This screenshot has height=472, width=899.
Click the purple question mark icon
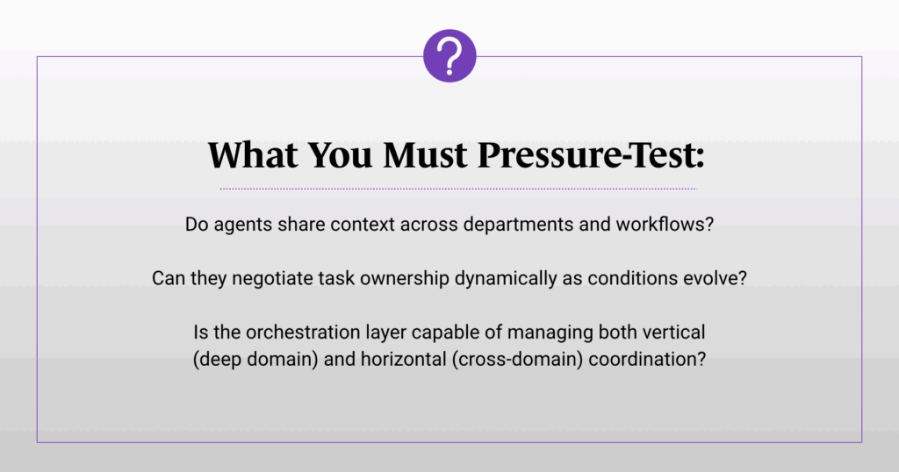[449, 55]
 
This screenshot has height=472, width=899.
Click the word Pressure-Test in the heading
[591, 154]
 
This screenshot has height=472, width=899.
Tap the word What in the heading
[253, 154]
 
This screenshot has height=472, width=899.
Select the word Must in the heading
[425, 154]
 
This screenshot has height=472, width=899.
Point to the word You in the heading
[341, 154]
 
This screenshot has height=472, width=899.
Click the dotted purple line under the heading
[458, 189]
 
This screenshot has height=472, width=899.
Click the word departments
[518, 225]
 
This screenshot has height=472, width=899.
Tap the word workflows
[665, 224]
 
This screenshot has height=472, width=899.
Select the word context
[363, 225]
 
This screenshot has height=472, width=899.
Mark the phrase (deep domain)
[255, 359]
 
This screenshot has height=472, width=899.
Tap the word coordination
[647, 359]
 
